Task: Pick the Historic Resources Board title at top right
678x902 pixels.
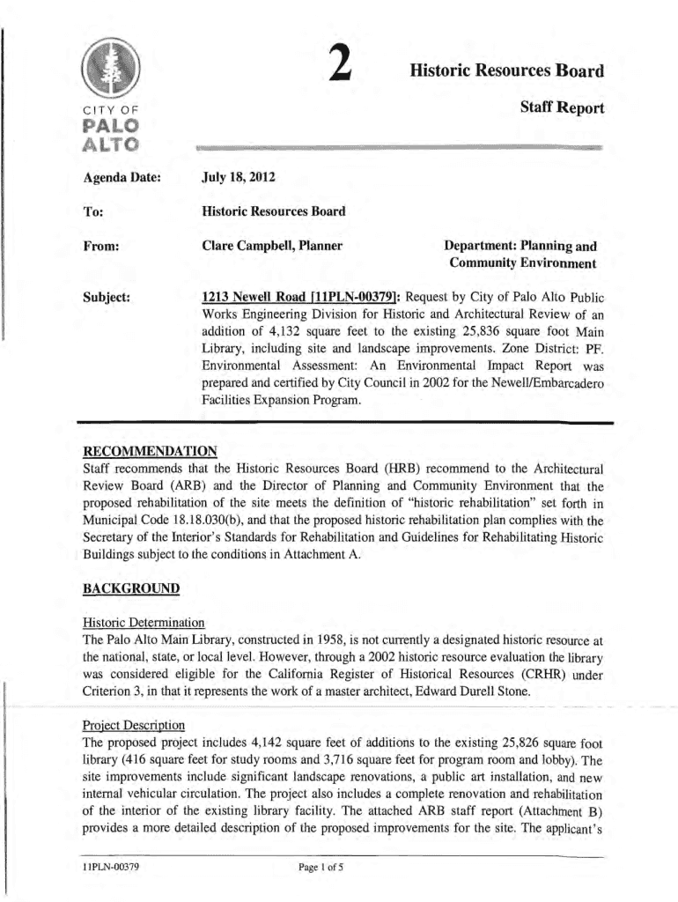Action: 506,70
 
